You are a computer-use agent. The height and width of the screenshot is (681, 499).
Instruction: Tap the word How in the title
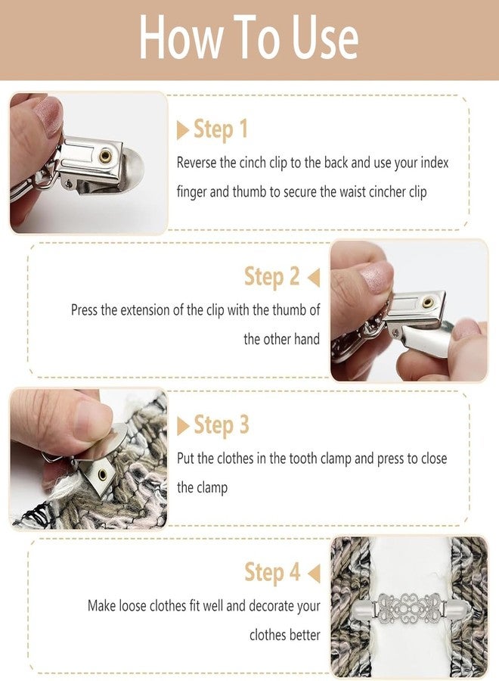tap(181, 37)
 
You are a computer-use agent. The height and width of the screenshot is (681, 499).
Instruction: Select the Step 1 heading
tap(221, 129)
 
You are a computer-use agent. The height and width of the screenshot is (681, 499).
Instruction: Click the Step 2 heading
tap(271, 277)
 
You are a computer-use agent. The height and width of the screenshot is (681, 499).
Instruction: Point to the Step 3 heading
tap(222, 424)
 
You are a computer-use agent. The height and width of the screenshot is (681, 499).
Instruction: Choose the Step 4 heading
tap(272, 572)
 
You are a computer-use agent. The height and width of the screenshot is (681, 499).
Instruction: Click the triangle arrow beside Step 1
tap(183, 130)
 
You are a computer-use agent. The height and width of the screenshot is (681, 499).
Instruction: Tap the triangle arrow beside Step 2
tap(314, 278)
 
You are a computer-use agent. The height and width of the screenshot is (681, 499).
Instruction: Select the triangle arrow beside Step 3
tap(183, 425)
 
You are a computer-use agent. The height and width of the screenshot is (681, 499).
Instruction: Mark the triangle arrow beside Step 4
tap(314, 574)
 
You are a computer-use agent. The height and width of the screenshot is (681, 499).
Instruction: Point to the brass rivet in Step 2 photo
tap(428, 302)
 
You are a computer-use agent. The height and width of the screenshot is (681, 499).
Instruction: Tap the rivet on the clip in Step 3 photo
tap(102, 474)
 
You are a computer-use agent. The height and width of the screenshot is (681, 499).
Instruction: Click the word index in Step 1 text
tap(434, 163)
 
